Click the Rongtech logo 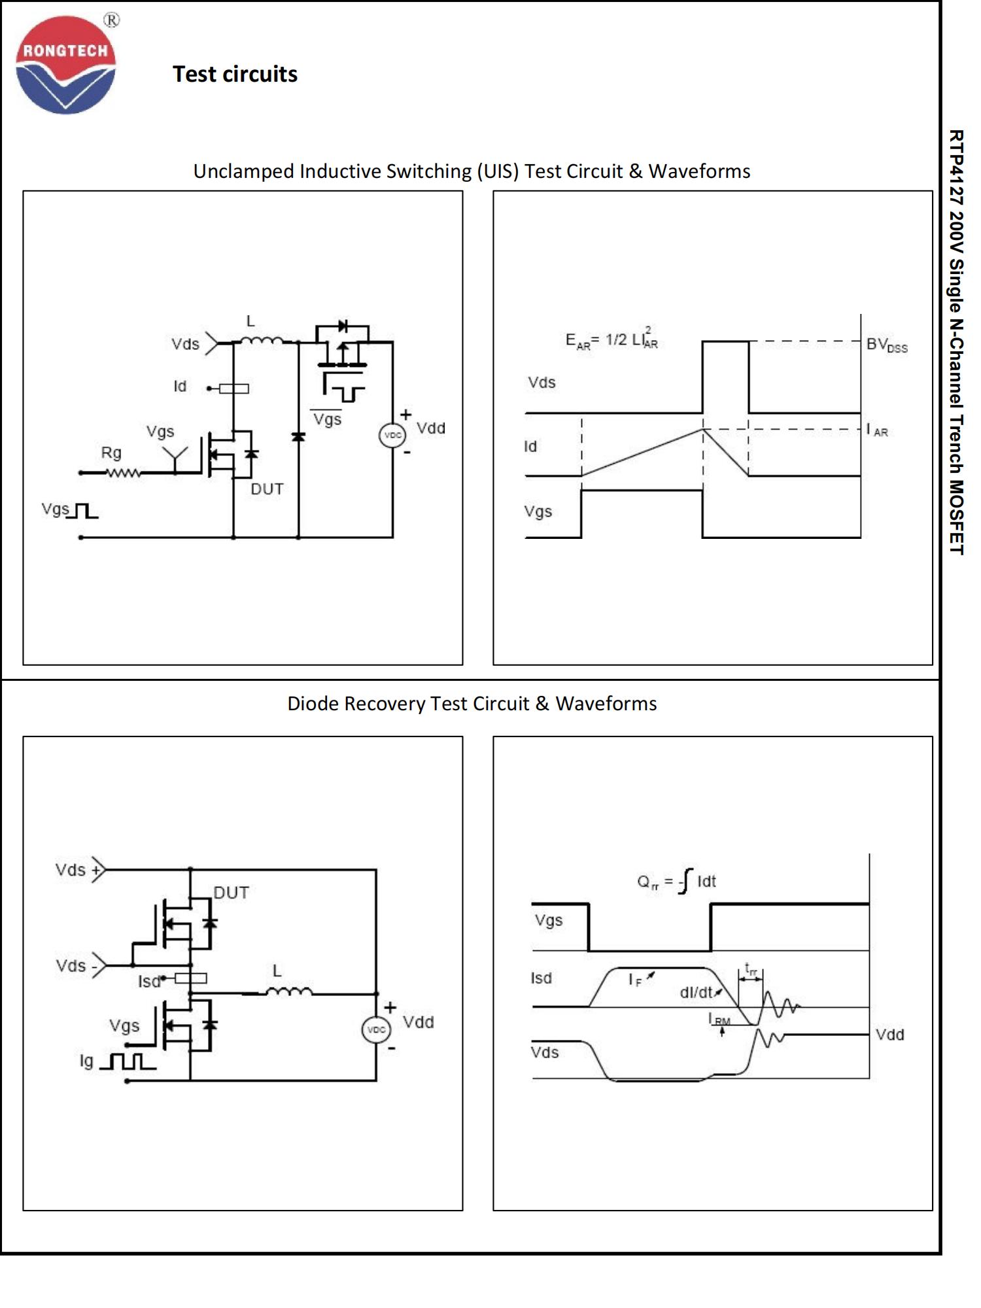[x=65, y=65]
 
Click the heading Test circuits [x=235, y=74]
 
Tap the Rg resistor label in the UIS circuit [x=111, y=453]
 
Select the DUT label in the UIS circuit [x=267, y=489]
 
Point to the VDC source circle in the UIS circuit [x=392, y=435]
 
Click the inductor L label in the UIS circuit [x=250, y=321]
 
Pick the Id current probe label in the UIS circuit [x=180, y=387]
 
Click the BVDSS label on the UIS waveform [x=886, y=345]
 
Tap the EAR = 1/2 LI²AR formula [x=611, y=339]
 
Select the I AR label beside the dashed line [x=877, y=430]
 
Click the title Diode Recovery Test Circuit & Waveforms [x=472, y=704]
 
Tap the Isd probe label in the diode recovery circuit [x=149, y=981]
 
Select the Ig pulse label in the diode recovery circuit [x=86, y=1061]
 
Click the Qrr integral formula [x=676, y=882]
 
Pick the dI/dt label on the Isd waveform [x=697, y=993]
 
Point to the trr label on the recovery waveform [x=751, y=970]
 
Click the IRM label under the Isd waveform [x=719, y=1020]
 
